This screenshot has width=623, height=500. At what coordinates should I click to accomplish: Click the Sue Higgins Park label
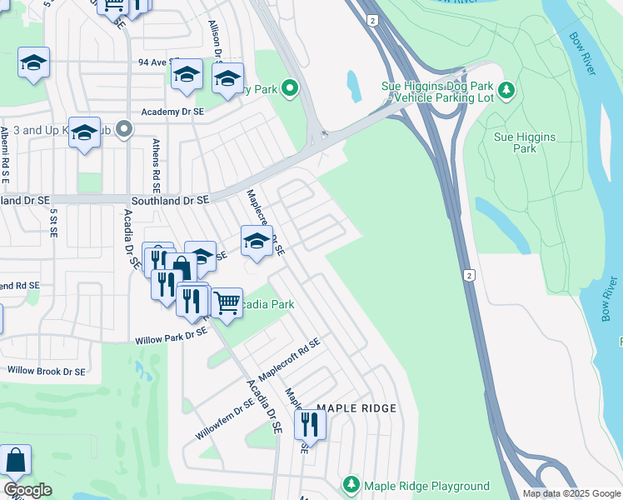tap(525, 142)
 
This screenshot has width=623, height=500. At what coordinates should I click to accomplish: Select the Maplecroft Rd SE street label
tap(290, 360)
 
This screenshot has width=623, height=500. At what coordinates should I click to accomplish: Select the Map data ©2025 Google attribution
tap(571, 493)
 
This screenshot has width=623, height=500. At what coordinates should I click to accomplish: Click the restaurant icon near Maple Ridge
tap(310, 425)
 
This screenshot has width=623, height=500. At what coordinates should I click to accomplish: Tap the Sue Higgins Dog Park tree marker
tap(506, 89)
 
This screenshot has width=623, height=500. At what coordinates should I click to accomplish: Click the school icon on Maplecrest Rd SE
tap(257, 242)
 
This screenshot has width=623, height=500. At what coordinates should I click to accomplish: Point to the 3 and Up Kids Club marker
tap(124, 129)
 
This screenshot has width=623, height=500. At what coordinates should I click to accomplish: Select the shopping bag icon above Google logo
tap(15, 460)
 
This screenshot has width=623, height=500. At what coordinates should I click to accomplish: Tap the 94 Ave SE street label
tap(155, 62)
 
